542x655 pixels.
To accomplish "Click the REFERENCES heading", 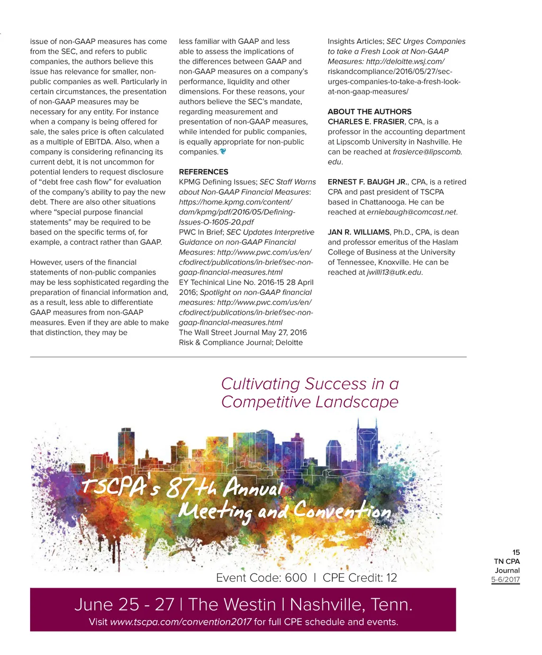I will coord(203,172).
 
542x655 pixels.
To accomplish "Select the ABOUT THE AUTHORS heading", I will coord(369,112).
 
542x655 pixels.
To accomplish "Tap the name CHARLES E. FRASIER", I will coord(366,122).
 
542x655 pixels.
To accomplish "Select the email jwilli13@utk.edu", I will coord(394,273).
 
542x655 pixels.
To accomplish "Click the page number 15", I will coord(516,552).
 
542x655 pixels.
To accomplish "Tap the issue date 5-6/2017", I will coord(505,579).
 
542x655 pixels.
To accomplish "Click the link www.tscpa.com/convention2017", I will coord(180,622).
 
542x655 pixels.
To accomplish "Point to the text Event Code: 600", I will coord(261,578).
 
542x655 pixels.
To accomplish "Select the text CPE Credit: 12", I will coord(359,578).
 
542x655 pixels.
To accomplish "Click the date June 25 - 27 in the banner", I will coord(124,604).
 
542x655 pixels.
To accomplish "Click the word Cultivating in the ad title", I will coord(260,384).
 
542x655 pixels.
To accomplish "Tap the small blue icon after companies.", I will coord(223,151).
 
